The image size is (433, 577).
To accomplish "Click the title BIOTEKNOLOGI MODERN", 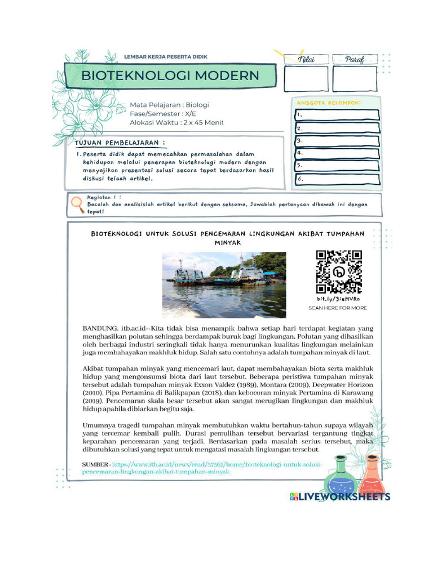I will tap(170, 76).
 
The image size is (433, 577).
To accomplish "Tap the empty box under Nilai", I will tap(306, 79).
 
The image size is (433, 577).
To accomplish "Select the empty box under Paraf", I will tap(355, 79).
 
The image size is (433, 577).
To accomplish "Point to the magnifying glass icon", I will tap(78, 204).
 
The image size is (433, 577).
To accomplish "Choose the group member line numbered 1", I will tap(337, 115).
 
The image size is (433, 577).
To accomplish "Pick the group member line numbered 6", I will tap(337, 179).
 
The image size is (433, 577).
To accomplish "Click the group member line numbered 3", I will tap(337, 141).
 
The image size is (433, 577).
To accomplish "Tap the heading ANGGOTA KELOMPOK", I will tap(328, 103).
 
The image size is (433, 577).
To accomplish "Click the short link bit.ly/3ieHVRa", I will tap(338, 299).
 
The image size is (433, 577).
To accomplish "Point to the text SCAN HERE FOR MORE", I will tap(338, 308).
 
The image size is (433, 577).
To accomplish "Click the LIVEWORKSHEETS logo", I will tap(340, 496).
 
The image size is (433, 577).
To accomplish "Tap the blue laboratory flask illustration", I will tap(339, 477).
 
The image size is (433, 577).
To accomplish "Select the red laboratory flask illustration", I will tap(371, 476).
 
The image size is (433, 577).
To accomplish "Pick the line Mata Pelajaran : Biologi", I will tap(169, 105).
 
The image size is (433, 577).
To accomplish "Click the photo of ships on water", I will tap(224, 285).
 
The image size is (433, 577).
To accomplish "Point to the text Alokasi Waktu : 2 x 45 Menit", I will tap(176, 122).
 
